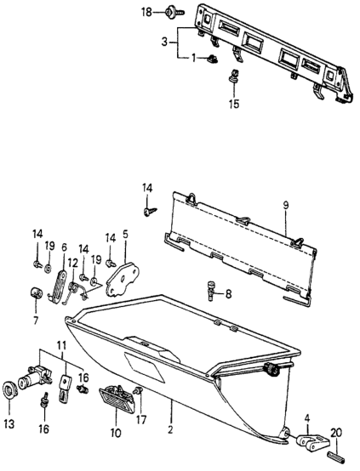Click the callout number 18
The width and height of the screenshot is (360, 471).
[147, 13]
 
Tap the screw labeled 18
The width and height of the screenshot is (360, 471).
[174, 13]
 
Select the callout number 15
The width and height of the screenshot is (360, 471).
[234, 105]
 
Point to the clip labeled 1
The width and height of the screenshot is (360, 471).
[213, 59]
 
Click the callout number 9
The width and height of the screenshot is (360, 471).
[285, 206]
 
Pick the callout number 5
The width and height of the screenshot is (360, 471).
[125, 234]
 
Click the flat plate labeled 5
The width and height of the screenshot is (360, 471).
[122, 280]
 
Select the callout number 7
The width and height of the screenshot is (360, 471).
[36, 321]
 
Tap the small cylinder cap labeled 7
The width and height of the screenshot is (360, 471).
[37, 292]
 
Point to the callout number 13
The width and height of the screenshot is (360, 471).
[9, 424]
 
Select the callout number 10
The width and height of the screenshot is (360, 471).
[116, 433]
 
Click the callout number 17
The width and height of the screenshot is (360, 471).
[140, 419]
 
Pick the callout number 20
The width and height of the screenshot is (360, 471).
[337, 433]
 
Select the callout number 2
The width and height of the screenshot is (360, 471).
[170, 430]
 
